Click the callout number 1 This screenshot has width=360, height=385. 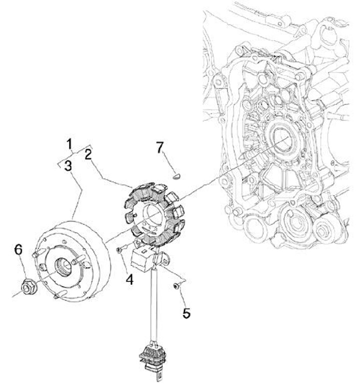[x=69, y=144]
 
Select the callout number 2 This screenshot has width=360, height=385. [x=88, y=154]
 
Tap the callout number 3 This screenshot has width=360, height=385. [x=68, y=165]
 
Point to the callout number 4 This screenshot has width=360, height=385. [x=129, y=279]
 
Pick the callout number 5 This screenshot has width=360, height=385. [x=186, y=313]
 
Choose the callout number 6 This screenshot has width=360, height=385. [x=18, y=249]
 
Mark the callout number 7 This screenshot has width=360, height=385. [x=159, y=147]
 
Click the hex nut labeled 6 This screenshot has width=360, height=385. [x=29, y=286]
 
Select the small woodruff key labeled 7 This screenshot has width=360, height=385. [x=176, y=176]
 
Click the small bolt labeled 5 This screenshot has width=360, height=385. [x=176, y=286]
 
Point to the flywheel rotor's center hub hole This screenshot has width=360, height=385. [x=63, y=266]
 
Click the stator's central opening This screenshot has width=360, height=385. [x=152, y=216]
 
